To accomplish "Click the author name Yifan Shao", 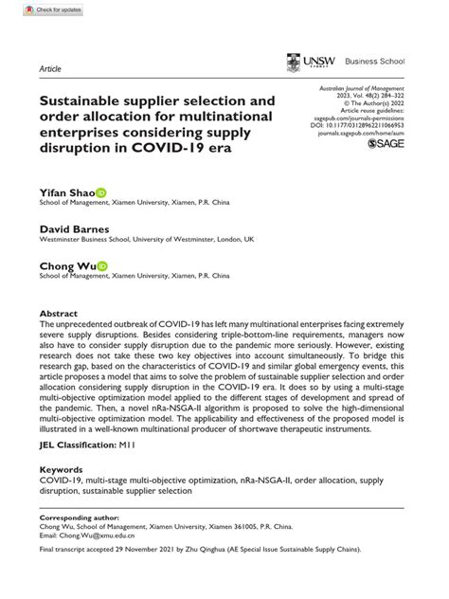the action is click(x=66, y=191).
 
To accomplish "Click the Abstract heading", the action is click(x=58, y=312).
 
